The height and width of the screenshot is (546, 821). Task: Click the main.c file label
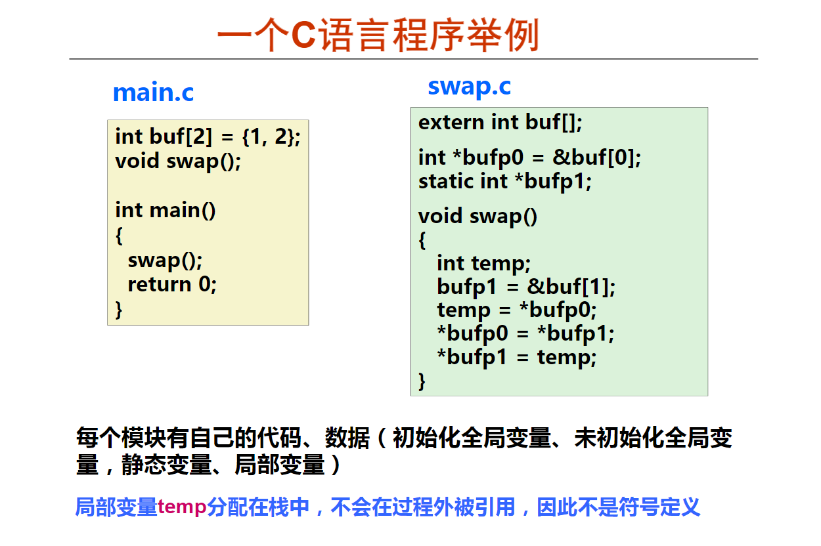pos(153,92)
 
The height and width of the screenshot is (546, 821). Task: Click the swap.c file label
pos(469,87)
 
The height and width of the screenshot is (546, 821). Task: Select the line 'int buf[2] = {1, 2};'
pos(208,137)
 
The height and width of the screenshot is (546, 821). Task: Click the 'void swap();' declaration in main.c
pos(178,161)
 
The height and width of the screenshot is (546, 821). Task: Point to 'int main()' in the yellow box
pos(166,210)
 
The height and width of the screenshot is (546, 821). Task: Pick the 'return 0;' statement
pos(172,285)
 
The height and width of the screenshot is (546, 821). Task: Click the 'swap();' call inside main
pos(165,261)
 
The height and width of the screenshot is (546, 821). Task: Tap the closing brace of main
pos(119,310)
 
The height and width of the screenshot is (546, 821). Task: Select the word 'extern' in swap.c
pos(451,122)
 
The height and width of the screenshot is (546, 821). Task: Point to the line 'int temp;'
pos(484,264)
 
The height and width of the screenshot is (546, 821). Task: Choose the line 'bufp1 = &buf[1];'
pos(526,287)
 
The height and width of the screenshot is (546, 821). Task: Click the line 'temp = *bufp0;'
pos(517,310)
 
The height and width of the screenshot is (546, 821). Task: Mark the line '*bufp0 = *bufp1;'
pos(525,333)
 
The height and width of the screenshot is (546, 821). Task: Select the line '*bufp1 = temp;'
pos(517,357)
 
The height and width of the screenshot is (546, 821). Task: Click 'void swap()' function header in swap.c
pos(477,217)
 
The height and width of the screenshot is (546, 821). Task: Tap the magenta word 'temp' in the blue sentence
pos(182,507)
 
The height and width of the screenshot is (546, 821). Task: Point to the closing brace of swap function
pos(422,381)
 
